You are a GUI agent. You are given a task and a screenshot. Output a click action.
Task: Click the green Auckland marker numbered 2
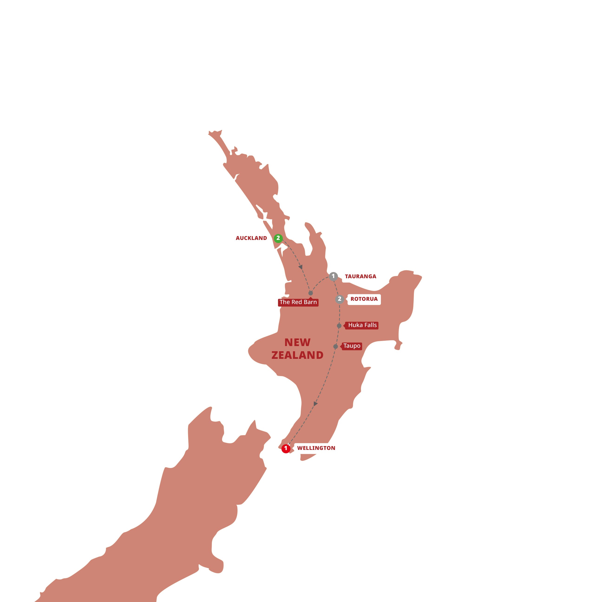(278, 238)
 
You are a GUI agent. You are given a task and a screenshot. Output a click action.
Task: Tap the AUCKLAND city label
(251, 238)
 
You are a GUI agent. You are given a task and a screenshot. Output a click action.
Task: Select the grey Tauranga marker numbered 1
(333, 276)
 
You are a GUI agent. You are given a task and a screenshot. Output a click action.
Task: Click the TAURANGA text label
(360, 276)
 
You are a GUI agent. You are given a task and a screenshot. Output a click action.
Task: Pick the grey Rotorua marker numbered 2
(340, 299)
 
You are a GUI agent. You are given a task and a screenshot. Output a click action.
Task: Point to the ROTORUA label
(364, 299)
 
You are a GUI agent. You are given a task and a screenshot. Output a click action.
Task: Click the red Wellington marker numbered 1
(286, 449)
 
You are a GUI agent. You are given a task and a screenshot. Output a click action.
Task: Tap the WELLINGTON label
(316, 448)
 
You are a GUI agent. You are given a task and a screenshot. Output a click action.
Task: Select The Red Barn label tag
(298, 302)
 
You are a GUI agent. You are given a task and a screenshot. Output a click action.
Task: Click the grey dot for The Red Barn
(311, 293)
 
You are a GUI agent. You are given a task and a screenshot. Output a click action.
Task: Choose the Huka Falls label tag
(362, 325)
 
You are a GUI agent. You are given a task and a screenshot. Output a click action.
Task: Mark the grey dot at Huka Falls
(339, 326)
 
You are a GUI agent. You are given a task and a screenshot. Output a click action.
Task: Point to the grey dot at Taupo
(336, 347)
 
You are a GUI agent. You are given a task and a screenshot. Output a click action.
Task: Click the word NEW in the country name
(297, 342)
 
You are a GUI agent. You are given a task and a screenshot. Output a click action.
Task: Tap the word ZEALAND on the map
(297, 355)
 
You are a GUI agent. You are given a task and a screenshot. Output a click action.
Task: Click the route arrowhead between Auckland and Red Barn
(300, 267)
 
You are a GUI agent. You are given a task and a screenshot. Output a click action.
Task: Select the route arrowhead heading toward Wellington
(315, 404)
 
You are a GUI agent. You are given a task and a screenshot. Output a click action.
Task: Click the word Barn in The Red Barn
(310, 302)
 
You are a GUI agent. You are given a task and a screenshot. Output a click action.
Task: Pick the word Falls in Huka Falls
(370, 325)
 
